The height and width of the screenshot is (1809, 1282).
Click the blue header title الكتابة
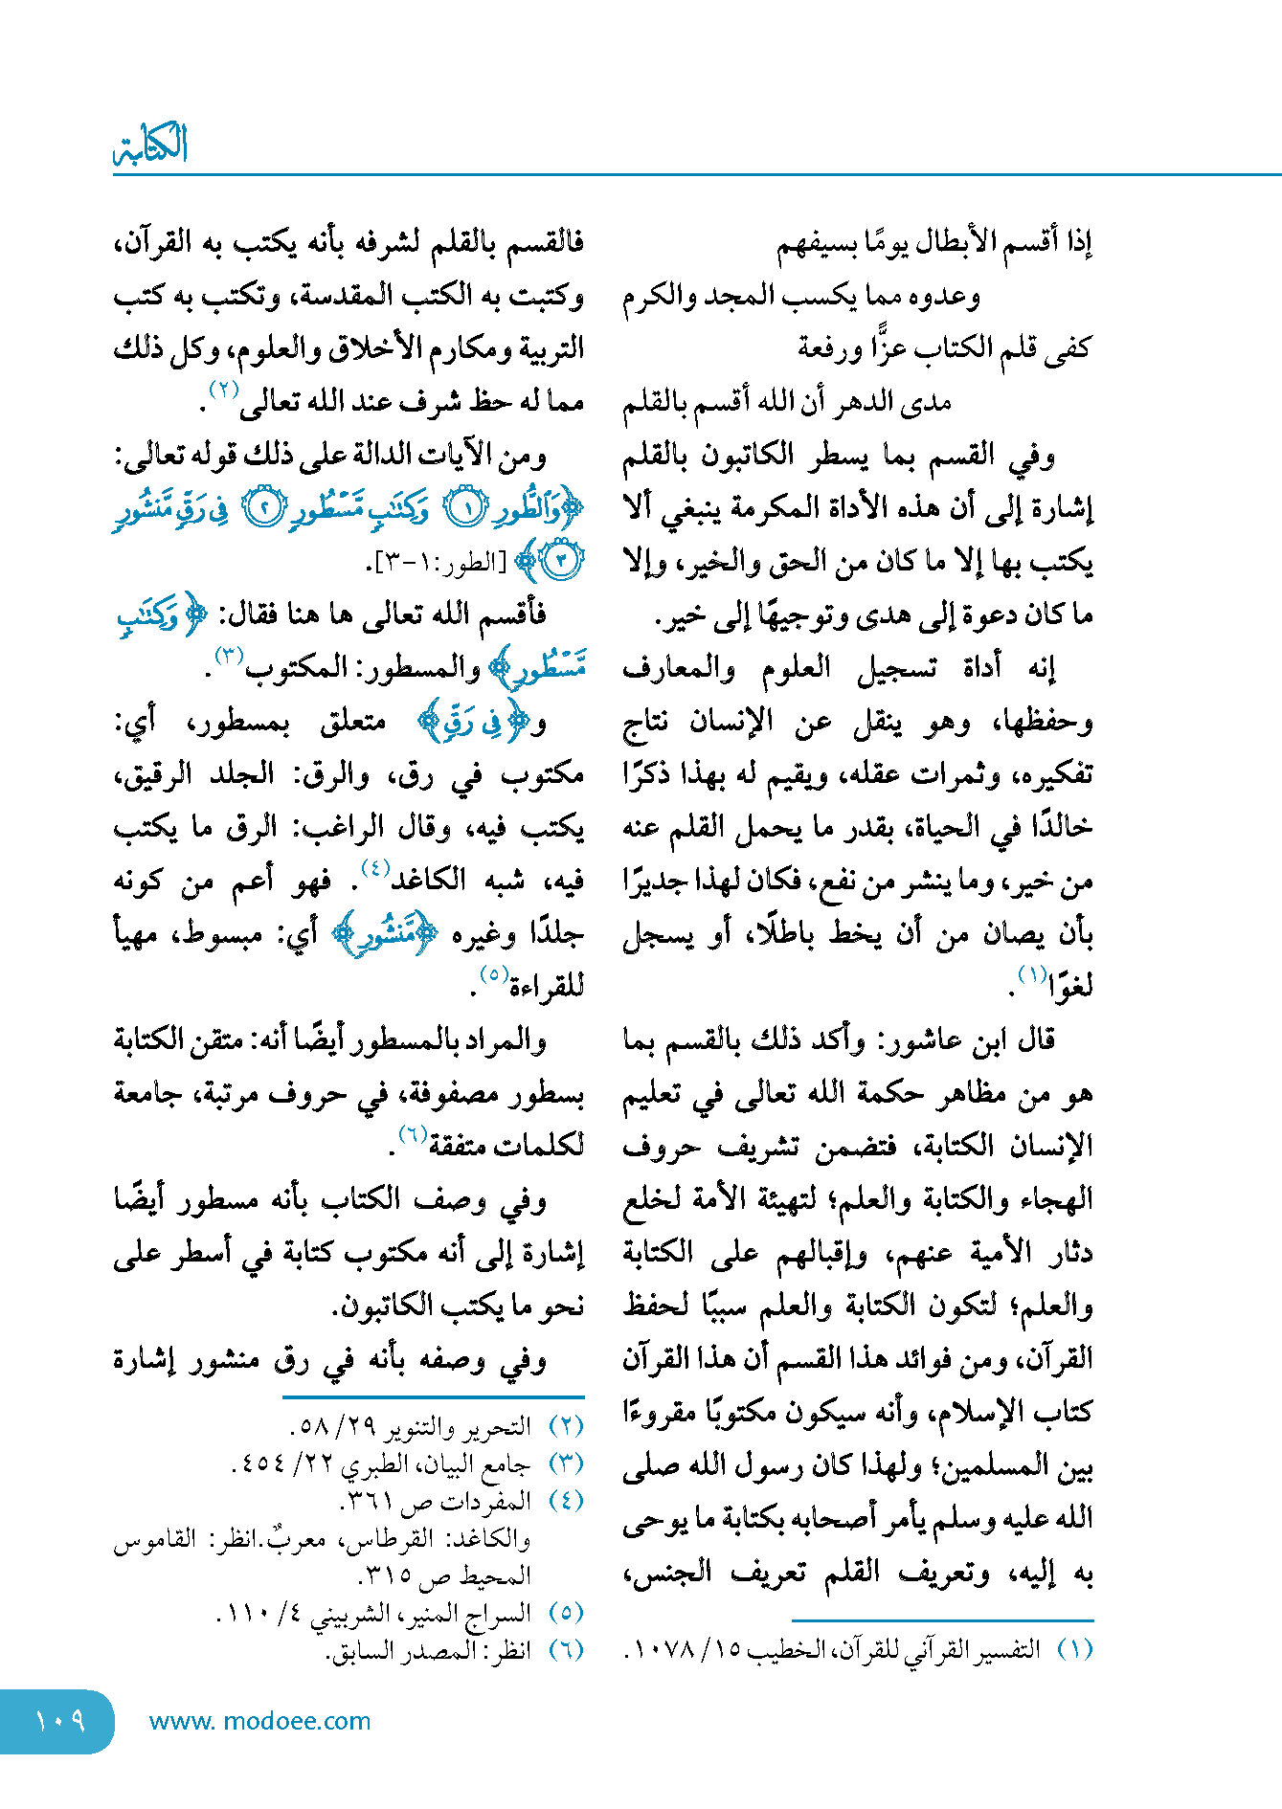[150, 145]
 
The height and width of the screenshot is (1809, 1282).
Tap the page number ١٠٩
[59, 1721]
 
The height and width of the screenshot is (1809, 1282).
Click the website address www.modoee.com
[259, 1721]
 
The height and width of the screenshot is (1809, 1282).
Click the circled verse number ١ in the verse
[467, 509]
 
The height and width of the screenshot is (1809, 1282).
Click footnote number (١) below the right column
[1076, 1649]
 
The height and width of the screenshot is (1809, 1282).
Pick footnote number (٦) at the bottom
[567, 1649]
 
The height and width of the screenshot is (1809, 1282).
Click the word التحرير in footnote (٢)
[498, 1426]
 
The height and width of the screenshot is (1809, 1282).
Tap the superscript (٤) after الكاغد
[374, 869]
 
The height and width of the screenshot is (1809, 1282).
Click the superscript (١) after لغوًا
[1032, 974]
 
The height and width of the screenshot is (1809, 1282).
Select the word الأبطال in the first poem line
[966, 242]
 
